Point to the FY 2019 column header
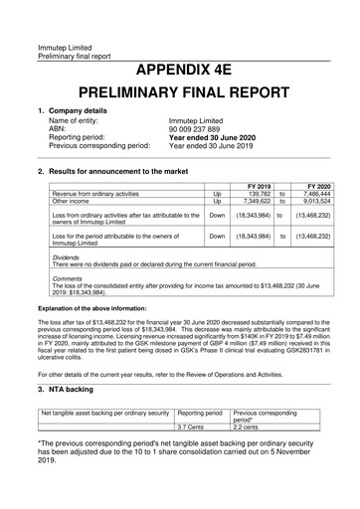(x=257, y=186)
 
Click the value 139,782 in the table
(x=256, y=194)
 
